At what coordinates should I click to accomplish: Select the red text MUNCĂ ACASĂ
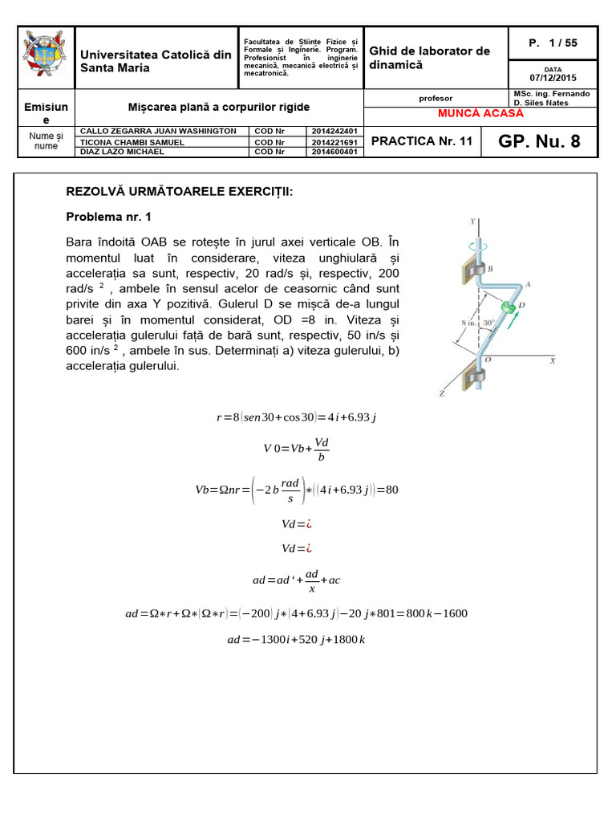tap(480, 113)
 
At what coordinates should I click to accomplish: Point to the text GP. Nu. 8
tap(549, 142)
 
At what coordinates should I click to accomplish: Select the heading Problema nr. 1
tap(108, 217)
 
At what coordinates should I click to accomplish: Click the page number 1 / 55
tap(553, 43)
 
